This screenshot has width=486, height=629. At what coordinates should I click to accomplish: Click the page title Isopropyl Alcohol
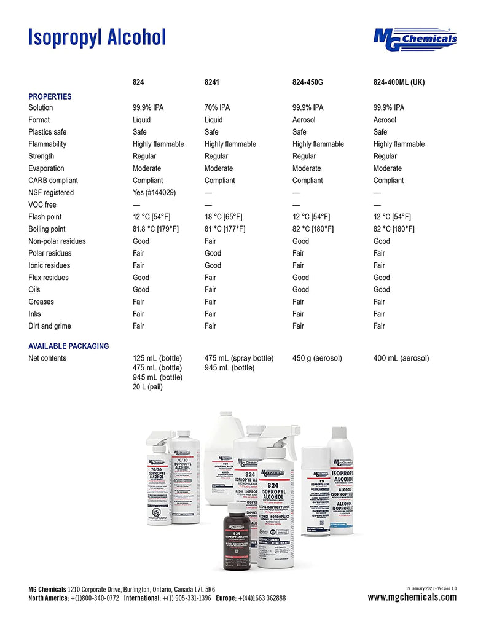pos(97,37)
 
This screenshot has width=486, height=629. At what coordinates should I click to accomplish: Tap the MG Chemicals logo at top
pos(415,38)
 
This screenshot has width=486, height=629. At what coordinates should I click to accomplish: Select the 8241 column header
pos(211,82)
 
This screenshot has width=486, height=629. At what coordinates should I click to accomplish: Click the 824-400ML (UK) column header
pos(399,82)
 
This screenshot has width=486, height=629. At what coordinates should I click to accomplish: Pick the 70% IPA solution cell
pos(217,107)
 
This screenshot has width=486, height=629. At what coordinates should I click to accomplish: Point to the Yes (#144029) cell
pos(154,193)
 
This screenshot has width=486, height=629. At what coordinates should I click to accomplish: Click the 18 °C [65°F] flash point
pos(223,217)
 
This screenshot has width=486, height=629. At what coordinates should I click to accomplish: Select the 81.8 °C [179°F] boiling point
pos(155,229)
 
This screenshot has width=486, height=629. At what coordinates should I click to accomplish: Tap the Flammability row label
pos(47,144)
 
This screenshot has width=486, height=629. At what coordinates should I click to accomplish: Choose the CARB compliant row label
pos(53,181)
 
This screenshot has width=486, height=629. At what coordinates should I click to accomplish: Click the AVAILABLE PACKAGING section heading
pos(68,346)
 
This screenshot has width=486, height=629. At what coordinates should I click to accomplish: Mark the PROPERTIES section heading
pos(50,96)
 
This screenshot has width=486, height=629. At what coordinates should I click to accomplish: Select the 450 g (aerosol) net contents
pos(317,358)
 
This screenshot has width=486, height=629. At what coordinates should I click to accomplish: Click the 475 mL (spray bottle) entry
pos(239,358)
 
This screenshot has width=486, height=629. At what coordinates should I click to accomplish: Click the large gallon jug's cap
pos(224,416)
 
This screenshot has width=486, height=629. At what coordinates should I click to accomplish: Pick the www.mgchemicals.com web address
pos(412,598)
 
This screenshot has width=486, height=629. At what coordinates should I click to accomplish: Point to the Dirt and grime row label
pos(49,326)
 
